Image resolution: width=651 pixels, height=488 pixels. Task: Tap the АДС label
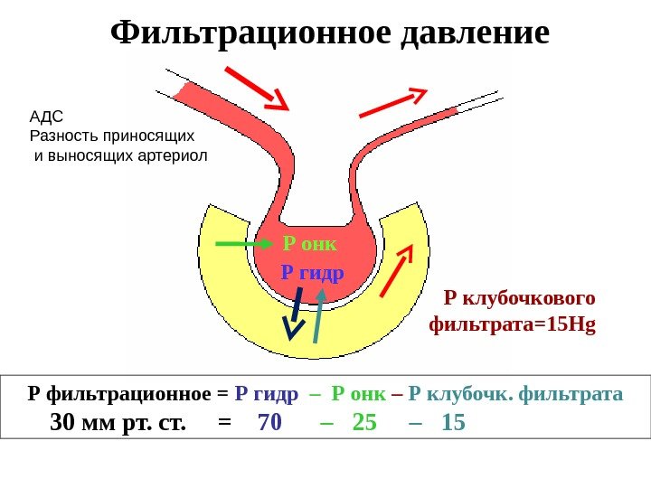tap(49, 117)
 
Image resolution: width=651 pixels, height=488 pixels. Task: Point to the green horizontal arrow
tap(243, 244)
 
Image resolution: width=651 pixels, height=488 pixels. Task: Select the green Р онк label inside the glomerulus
tap(309, 243)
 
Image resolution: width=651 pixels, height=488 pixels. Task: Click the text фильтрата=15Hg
tap(513, 322)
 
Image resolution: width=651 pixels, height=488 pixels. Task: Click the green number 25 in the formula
tap(363, 422)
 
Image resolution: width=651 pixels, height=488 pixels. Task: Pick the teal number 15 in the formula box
tap(453, 422)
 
